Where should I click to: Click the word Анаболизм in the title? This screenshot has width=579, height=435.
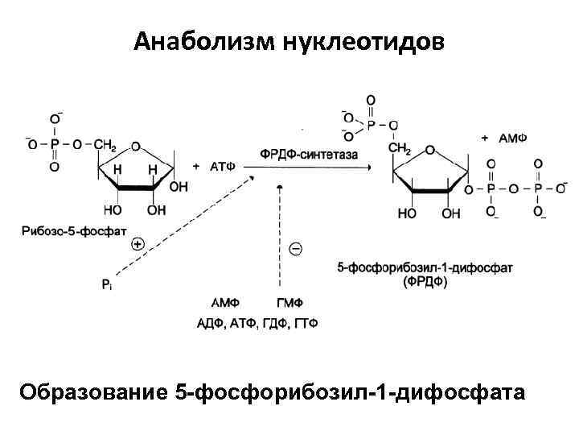tap(204, 40)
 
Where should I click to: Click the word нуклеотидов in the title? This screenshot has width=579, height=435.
tap(362, 40)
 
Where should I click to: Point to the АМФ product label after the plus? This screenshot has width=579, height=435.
tap(512, 138)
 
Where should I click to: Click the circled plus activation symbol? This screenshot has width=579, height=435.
tap(138, 242)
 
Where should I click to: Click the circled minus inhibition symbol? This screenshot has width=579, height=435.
tap(295, 249)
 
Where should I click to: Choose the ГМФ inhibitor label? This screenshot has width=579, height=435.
tap(289, 303)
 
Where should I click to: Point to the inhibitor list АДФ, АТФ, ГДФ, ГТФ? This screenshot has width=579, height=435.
tap(257, 323)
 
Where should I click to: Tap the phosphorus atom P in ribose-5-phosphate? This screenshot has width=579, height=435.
tap(55, 144)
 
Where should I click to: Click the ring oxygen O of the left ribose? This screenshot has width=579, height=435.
tap(136, 147)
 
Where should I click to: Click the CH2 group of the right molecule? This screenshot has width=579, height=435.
tap(399, 149)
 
